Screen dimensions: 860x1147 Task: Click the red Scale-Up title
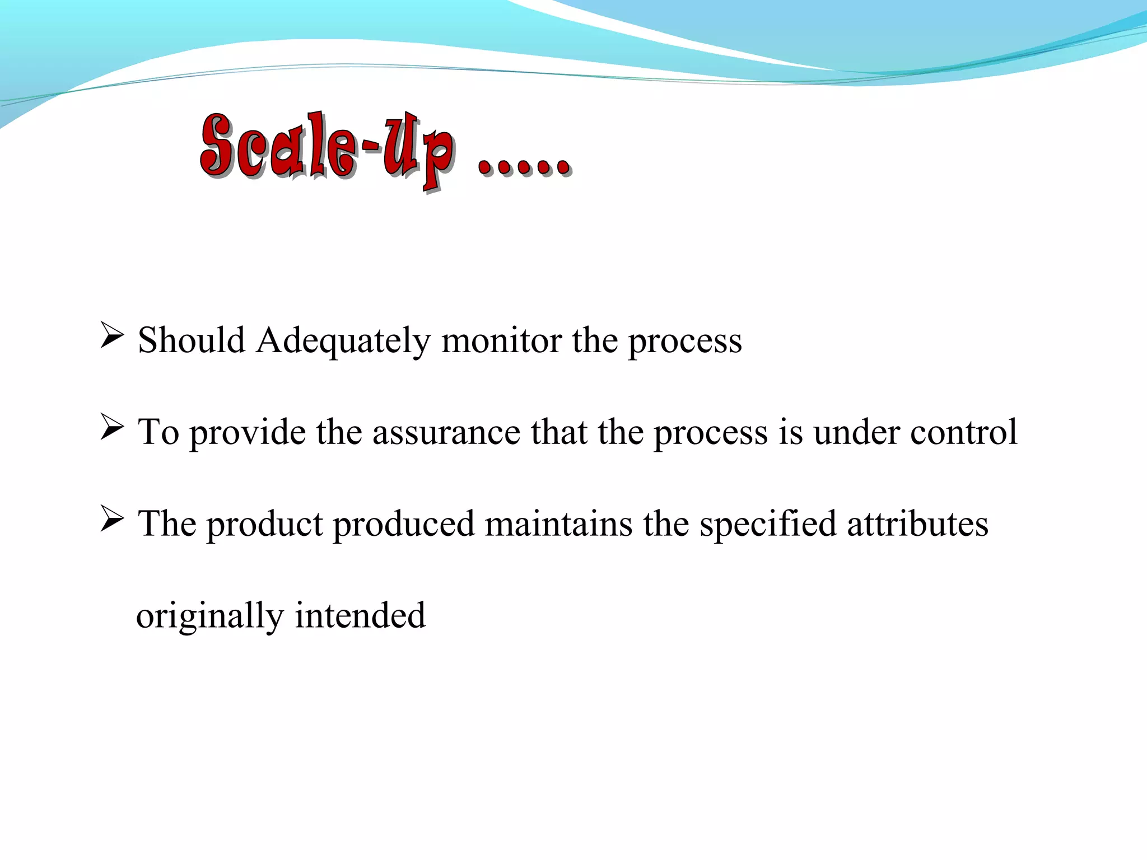click(328, 148)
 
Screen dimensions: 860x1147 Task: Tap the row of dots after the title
click(524, 165)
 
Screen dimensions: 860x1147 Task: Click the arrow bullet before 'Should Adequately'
click(112, 335)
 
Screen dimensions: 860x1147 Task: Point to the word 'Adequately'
click(343, 341)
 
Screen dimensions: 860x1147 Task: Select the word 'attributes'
click(917, 524)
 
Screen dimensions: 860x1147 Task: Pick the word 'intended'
click(360, 615)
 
